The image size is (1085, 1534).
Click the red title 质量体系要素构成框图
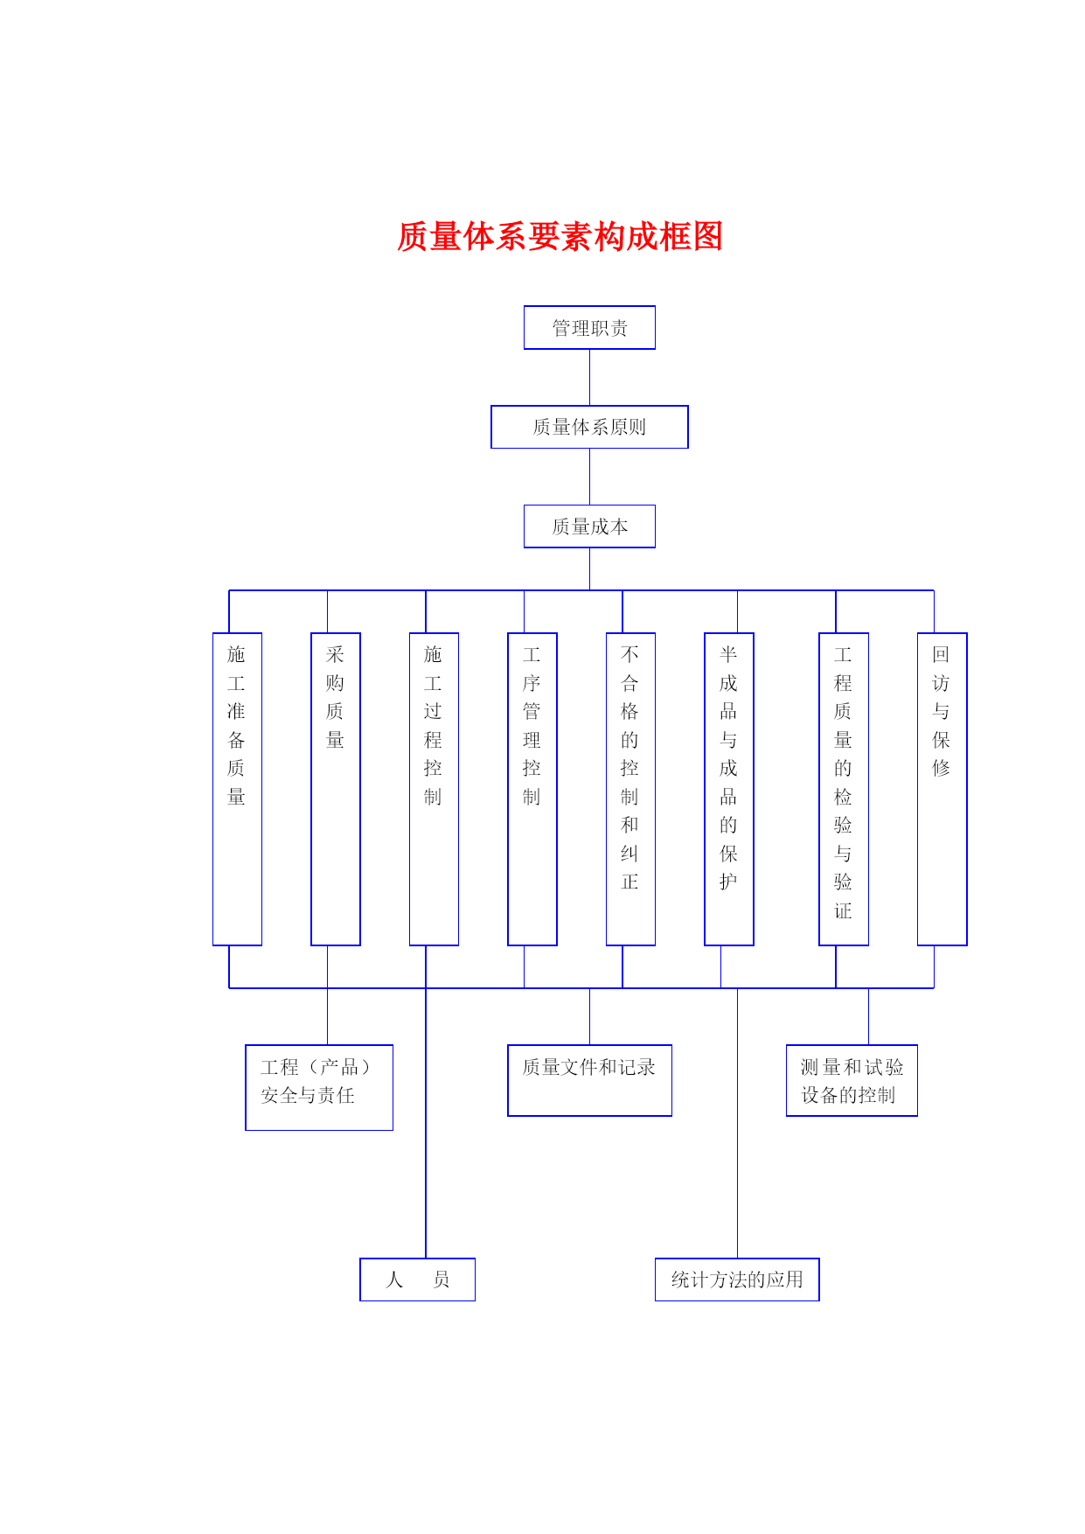(x=560, y=236)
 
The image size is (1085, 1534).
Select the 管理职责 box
(x=589, y=328)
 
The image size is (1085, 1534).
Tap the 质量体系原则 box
(x=589, y=427)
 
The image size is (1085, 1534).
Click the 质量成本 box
(x=589, y=526)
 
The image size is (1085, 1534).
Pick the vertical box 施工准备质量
(x=237, y=789)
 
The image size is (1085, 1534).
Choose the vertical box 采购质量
(x=336, y=789)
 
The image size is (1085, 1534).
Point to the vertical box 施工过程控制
(x=434, y=789)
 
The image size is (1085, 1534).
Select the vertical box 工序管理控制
(x=532, y=789)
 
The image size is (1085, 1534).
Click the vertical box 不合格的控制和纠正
(x=630, y=789)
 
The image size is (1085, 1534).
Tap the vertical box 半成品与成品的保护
(x=729, y=789)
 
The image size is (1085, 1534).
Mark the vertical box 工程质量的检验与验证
(x=844, y=789)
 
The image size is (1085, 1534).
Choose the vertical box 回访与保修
(x=942, y=789)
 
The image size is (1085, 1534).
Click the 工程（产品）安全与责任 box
(x=319, y=1087)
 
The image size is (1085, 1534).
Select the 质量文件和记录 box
(x=589, y=1080)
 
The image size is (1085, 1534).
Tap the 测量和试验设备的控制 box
(x=852, y=1080)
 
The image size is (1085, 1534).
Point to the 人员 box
(x=417, y=1279)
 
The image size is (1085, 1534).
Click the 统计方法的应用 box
(x=737, y=1279)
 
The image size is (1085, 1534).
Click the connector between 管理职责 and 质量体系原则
(x=589, y=377)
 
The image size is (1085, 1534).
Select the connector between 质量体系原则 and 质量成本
(x=589, y=477)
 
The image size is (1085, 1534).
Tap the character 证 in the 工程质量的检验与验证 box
(x=843, y=910)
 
